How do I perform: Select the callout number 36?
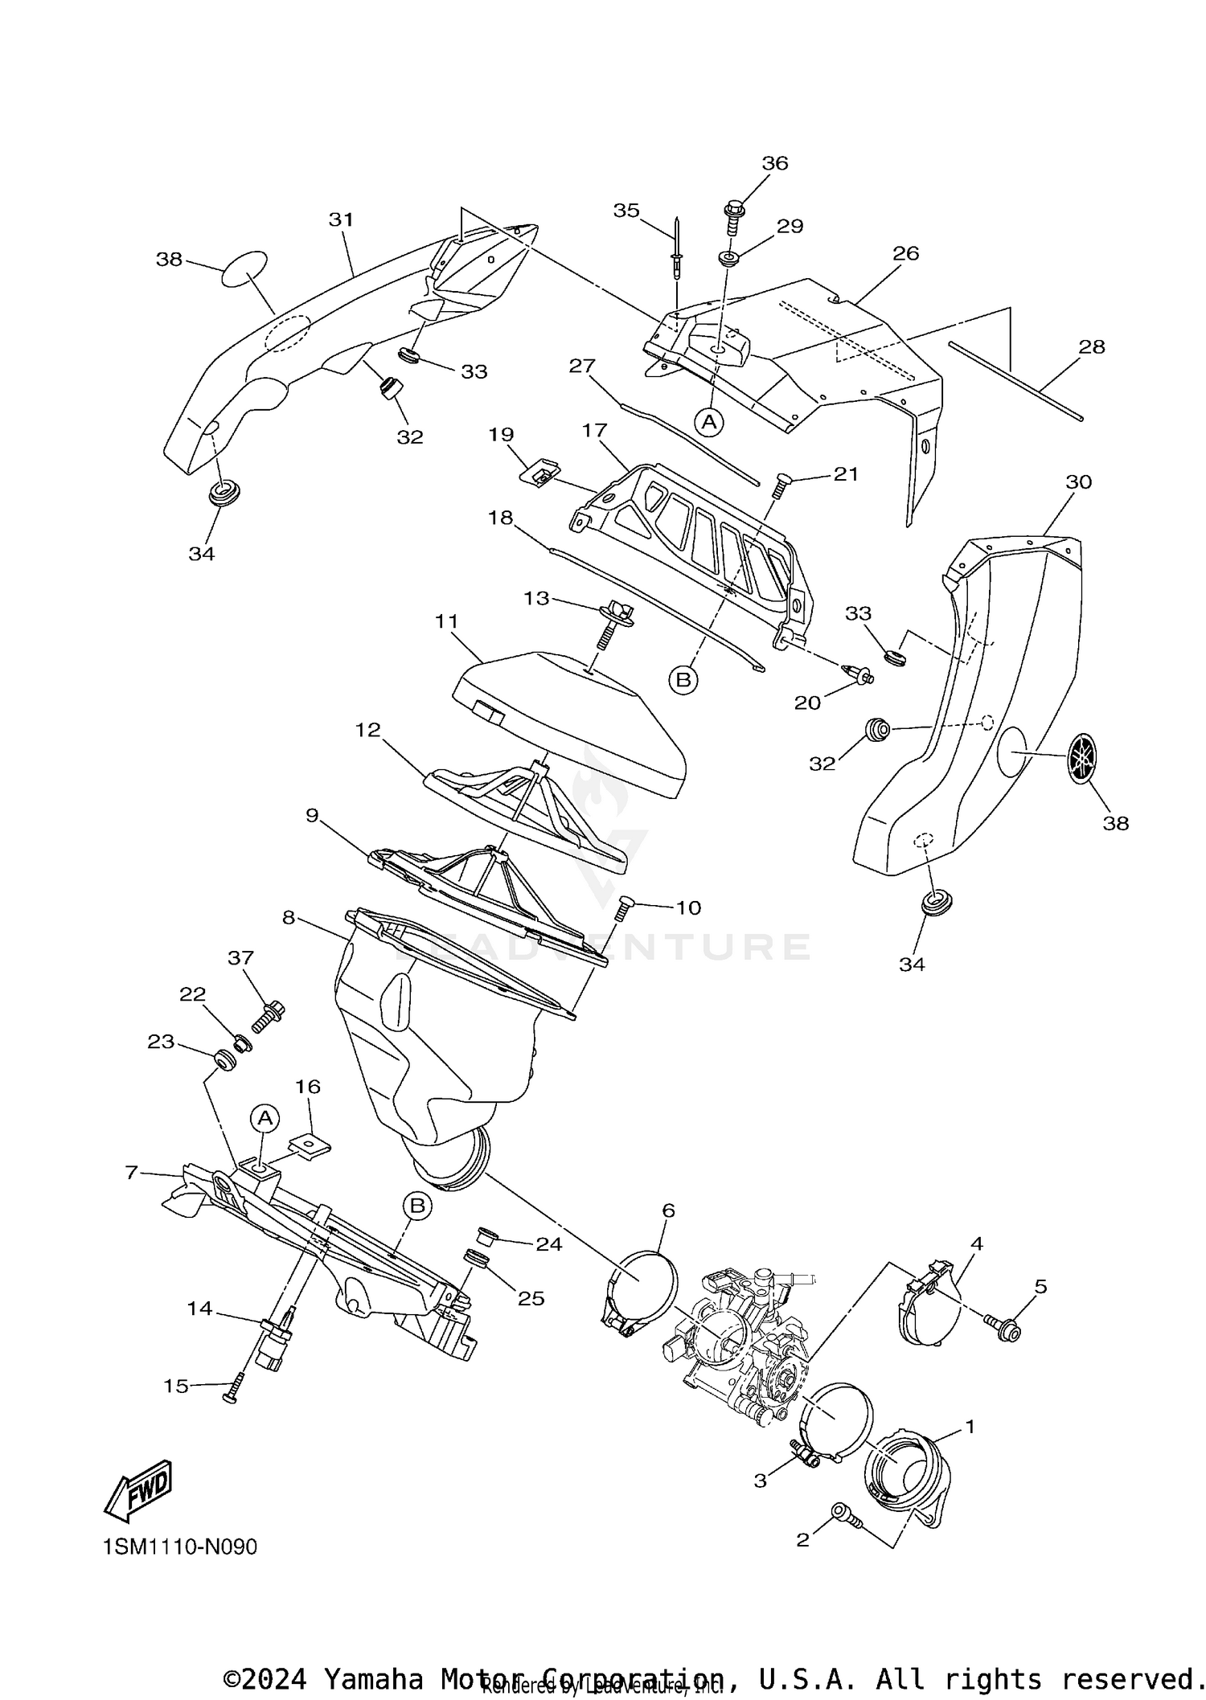(x=775, y=163)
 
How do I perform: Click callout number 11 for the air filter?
(x=446, y=621)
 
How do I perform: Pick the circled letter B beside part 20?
(x=683, y=680)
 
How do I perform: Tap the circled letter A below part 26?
(x=708, y=421)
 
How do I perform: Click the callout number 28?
(x=1092, y=346)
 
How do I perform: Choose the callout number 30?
(x=1078, y=481)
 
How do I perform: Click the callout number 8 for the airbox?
(x=289, y=917)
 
